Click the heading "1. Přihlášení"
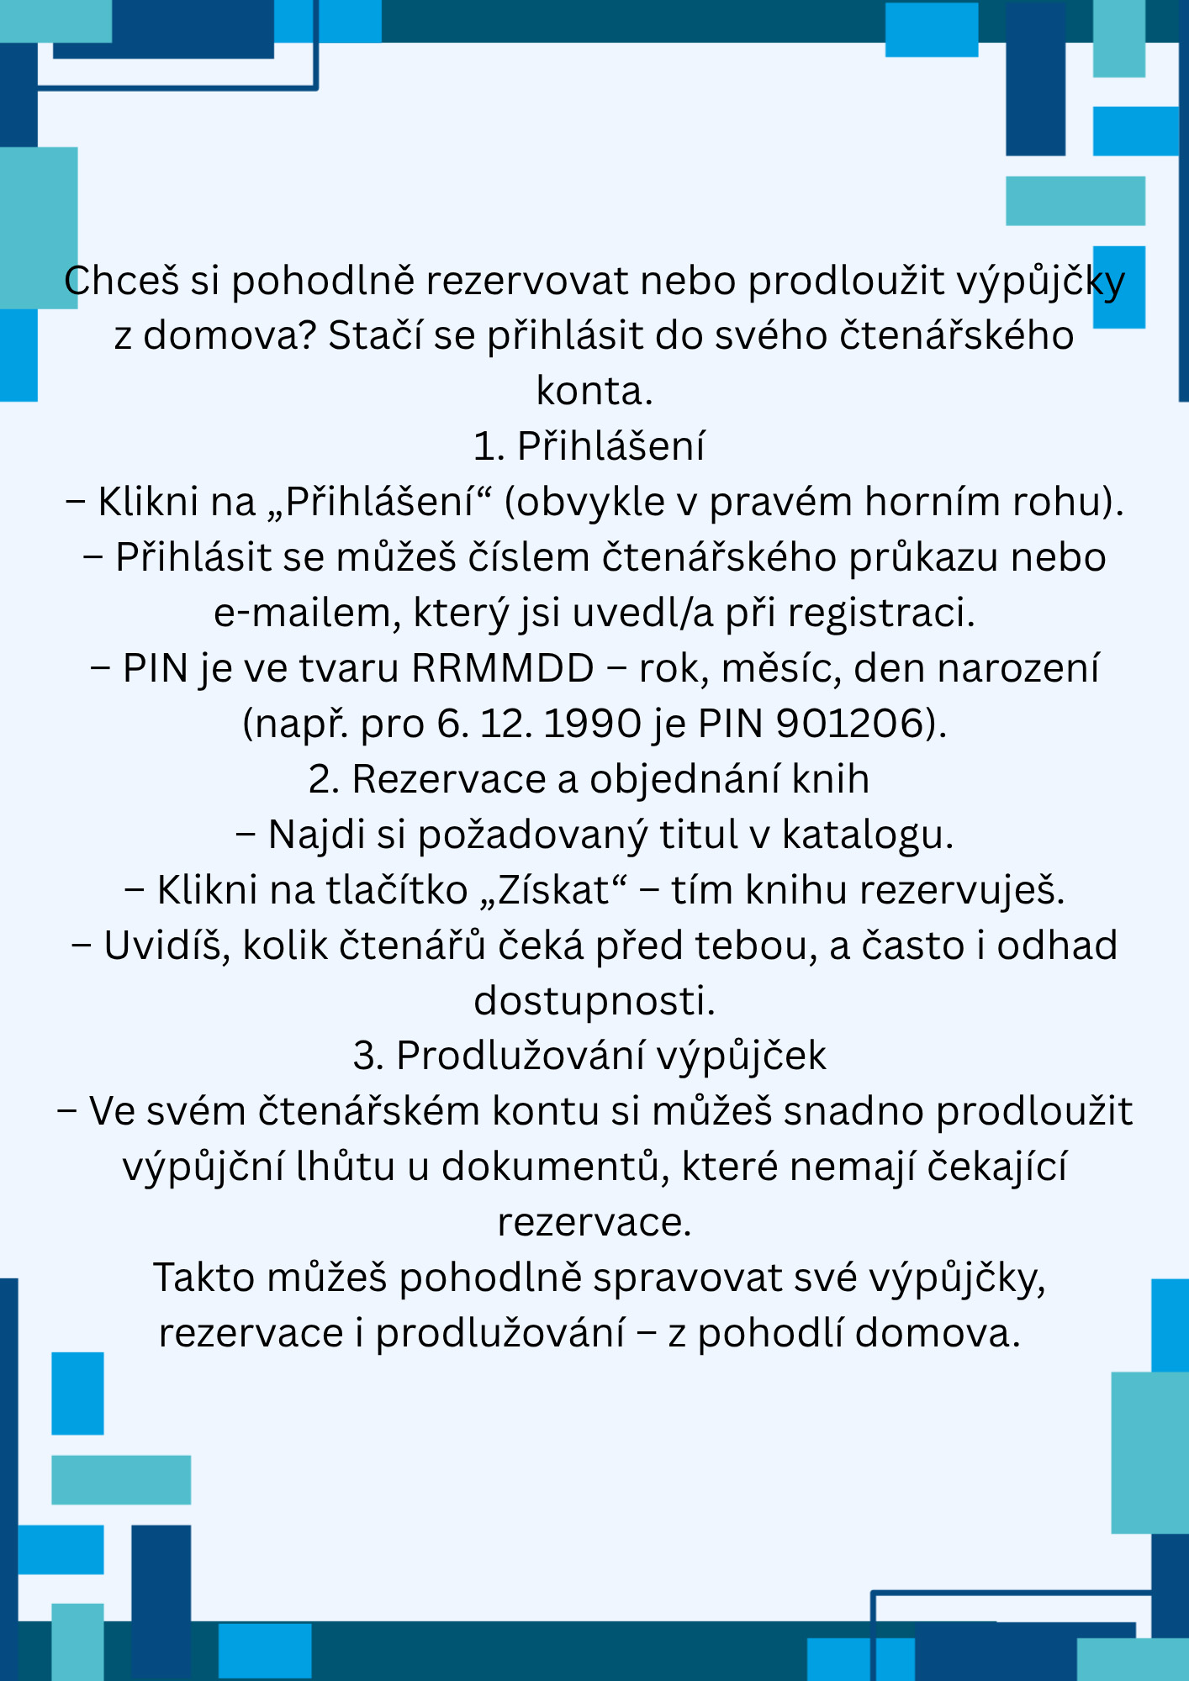coord(589,446)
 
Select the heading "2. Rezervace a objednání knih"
coord(589,779)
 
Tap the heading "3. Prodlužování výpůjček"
coord(589,1057)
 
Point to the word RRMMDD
coord(503,669)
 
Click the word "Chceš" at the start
coord(122,281)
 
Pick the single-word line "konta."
coord(594,392)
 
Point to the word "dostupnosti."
coord(594,1001)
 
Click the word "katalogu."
coord(867,835)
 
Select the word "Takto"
coord(204,1278)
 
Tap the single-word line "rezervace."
coord(594,1223)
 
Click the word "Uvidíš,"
coord(167,946)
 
